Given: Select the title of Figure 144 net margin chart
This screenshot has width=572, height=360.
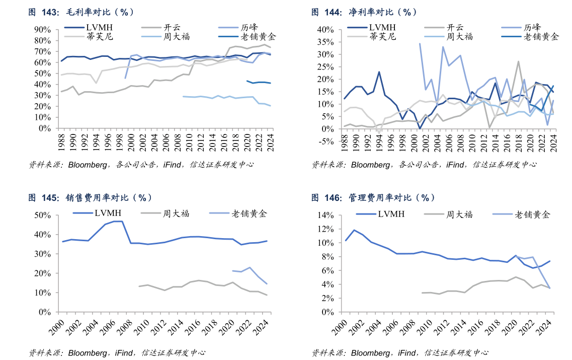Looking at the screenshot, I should click(x=364, y=12).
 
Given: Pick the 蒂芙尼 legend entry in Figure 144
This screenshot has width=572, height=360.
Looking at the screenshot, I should click(x=382, y=36).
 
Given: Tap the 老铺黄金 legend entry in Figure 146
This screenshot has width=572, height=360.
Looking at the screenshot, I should click(x=532, y=214).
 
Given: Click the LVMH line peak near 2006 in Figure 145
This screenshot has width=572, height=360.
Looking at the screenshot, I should click(x=117, y=221).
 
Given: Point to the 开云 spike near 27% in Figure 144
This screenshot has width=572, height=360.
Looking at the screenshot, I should click(x=518, y=61).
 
